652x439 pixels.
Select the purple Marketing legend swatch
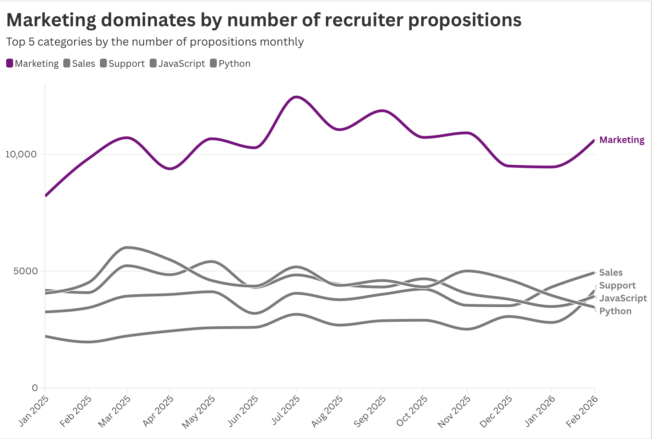pos(10,63)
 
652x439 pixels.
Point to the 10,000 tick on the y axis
pos(21,154)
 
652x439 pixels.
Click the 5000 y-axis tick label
pos(26,271)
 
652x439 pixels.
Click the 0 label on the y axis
pos(35,388)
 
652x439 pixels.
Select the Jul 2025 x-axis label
pos(286,410)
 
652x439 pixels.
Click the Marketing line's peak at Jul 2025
pos(296,97)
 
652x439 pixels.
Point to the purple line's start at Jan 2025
pos(46,196)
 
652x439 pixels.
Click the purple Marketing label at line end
pos(622,140)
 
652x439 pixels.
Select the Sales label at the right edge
pos(611,273)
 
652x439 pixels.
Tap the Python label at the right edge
pos(615,311)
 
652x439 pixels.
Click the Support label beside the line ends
pos(617,285)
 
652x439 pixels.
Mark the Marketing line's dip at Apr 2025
pos(170,169)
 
